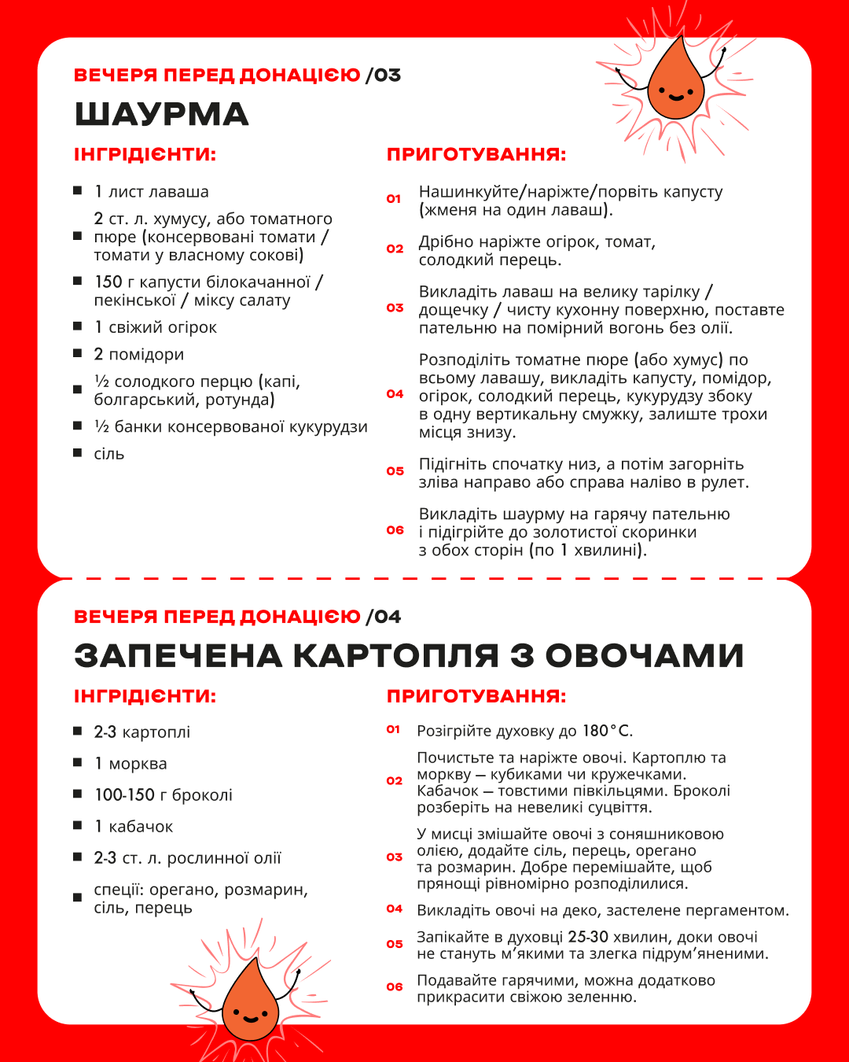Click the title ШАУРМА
coord(161,115)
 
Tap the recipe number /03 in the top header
coord(384,76)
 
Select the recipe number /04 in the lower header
coord(384,617)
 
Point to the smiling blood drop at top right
coord(675,79)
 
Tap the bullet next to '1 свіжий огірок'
coord(78,326)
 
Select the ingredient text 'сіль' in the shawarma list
coord(109,454)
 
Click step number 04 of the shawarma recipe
coord(395,394)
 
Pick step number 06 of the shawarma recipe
coord(395,530)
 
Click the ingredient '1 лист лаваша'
coord(152,191)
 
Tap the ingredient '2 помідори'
coord(139,354)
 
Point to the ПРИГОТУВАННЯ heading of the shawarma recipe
coord(476,154)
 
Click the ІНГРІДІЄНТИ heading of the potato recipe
coord(145,696)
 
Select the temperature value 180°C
coord(607,731)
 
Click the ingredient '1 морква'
coord(130,763)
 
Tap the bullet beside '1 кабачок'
coord(78,825)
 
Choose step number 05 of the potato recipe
coord(395,944)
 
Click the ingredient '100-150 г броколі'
coord(164,795)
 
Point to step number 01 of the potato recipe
coord(394,730)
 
